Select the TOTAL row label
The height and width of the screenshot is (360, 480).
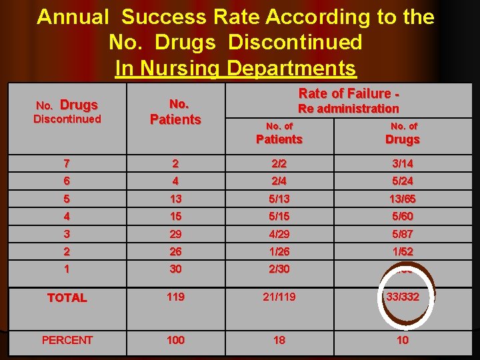tap(67, 298)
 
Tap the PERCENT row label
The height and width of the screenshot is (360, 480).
tap(67, 340)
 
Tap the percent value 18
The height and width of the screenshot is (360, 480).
tap(279, 340)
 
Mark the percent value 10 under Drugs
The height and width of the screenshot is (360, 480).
tap(403, 340)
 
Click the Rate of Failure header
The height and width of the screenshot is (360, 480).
tap(349, 93)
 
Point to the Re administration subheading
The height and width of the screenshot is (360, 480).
tap(349, 109)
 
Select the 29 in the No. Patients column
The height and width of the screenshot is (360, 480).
tap(176, 234)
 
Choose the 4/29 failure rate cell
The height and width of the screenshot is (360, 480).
tap(279, 234)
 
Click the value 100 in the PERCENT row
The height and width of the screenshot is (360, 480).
tap(176, 340)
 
